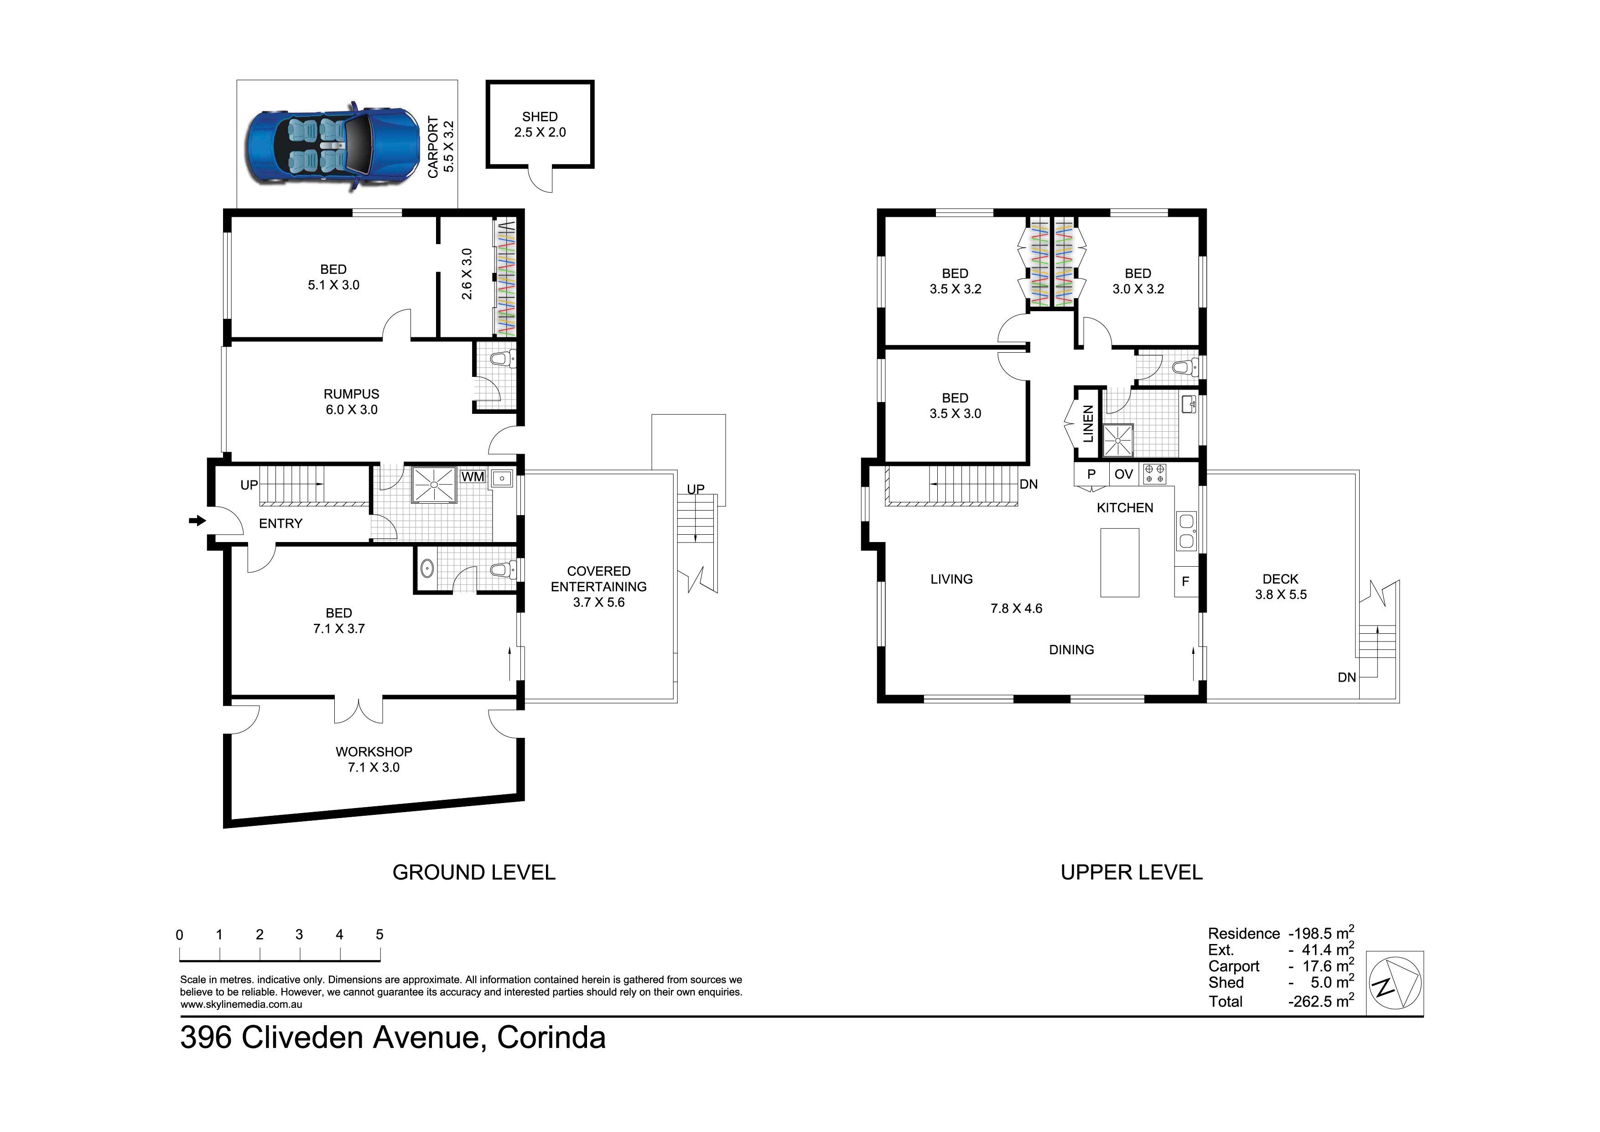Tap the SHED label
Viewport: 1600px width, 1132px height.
pyautogui.click(x=540, y=116)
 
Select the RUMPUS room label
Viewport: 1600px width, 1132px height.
pyautogui.click(x=351, y=394)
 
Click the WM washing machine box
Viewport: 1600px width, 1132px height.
pyautogui.click(x=473, y=477)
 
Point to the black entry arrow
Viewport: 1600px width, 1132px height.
pyautogui.click(x=198, y=520)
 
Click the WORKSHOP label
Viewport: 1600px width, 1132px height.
pyautogui.click(x=374, y=751)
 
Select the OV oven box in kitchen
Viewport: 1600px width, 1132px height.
pyautogui.click(x=1123, y=474)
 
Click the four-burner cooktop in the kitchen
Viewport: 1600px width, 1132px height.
pyautogui.click(x=1154, y=474)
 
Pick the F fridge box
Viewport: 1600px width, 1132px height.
pyautogui.click(x=1185, y=581)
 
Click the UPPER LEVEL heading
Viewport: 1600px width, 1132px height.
pyautogui.click(x=1132, y=872)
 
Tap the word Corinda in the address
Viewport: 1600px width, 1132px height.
pyautogui.click(x=551, y=1037)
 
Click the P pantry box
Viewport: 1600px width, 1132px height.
pyautogui.click(x=1091, y=474)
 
